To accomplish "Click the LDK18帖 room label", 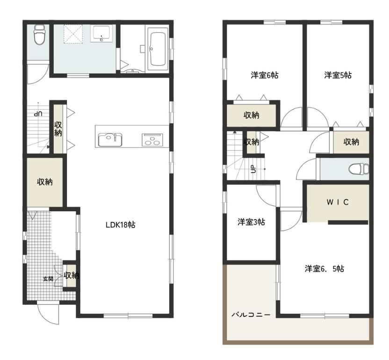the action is click(x=120, y=225).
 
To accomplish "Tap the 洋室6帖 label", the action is click(x=265, y=75).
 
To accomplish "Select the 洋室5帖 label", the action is click(x=338, y=75).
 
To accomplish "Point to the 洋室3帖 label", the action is click(x=252, y=222).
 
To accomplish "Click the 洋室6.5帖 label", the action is click(x=324, y=269).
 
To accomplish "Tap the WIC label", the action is click(x=338, y=202).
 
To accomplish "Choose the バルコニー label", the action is click(x=251, y=315).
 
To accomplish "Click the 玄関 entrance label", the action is click(x=48, y=279).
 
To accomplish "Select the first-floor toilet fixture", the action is click(x=39, y=35).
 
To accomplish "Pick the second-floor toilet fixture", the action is click(x=359, y=169).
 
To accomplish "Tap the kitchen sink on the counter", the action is click(x=110, y=140).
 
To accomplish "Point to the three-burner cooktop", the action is click(x=152, y=140).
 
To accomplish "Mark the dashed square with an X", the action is click(x=73, y=34).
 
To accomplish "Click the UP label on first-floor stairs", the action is click(x=38, y=114).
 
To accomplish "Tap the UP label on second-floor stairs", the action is click(x=253, y=169).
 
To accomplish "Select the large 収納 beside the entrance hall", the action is click(x=45, y=182).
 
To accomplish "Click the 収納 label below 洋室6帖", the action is click(x=252, y=115).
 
